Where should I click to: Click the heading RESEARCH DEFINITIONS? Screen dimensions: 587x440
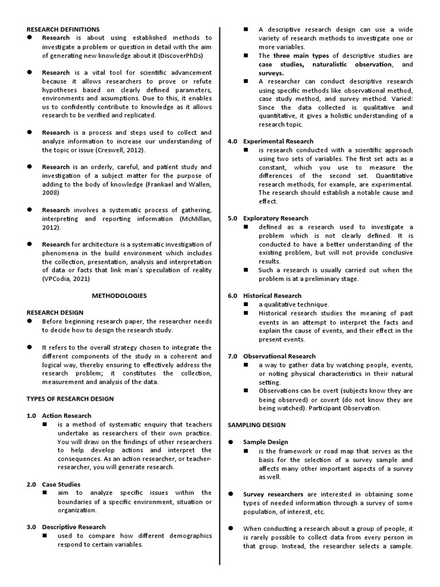click(x=63, y=29)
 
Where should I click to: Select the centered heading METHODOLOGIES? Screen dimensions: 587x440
click(x=119, y=296)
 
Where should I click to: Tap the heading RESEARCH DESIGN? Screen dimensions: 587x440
click(x=55, y=312)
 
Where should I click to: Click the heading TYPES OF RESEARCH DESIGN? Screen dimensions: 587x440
click(x=70, y=398)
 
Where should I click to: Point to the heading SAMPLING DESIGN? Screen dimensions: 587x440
click(x=257, y=425)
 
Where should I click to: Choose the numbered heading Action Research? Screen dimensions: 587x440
click(x=66, y=416)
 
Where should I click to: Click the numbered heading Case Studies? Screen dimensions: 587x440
click(x=61, y=484)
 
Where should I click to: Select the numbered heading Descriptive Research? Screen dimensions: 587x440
click(x=74, y=527)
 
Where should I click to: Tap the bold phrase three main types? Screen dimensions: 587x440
click(x=301, y=56)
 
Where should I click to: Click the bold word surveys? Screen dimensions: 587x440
click(x=271, y=73)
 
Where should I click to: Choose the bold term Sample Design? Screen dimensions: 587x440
click(x=265, y=442)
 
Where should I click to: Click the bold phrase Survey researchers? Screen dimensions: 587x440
click(x=273, y=494)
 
